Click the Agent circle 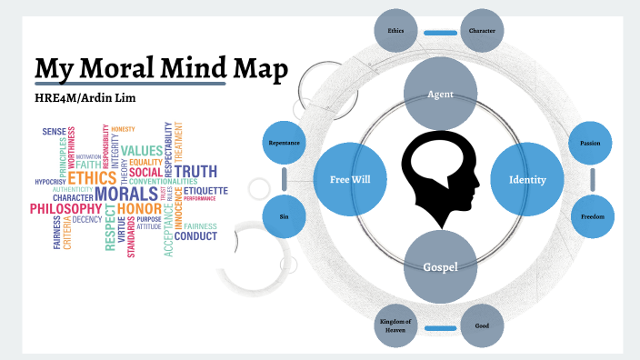[440, 94]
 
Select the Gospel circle [440, 266]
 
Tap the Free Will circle [350, 179]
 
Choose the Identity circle [527, 179]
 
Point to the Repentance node [284, 143]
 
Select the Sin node [284, 216]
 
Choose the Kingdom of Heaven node [396, 325]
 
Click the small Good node [482, 325]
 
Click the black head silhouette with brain [440, 179]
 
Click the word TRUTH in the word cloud [195, 171]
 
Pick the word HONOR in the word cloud [138, 210]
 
